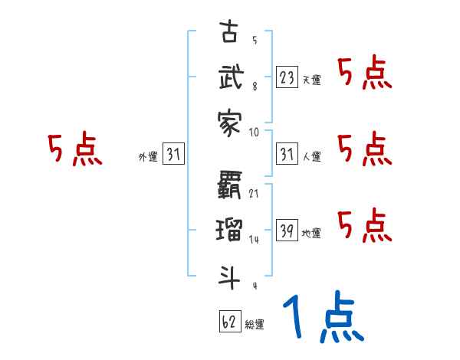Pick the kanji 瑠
click(x=229, y=228)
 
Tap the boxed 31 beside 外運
click(x=173, y=155)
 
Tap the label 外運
click(x=147, y=157)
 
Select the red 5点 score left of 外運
click(x=74, y=149)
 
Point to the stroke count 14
click(x=254, y=240)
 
